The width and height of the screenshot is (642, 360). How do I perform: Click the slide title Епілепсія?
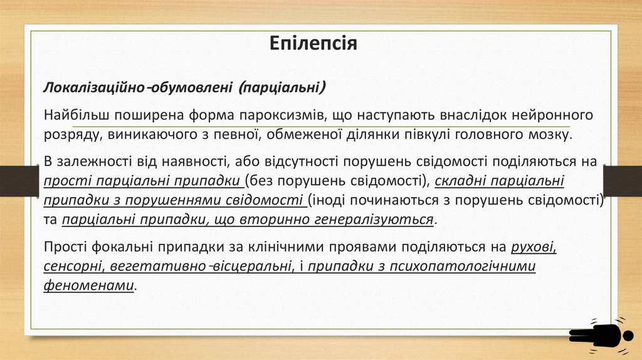(313, 43)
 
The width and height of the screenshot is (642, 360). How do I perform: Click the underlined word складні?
(456, 181)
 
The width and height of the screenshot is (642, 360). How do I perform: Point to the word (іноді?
(327, 201)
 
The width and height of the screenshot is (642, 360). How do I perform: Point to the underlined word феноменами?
(89, 285)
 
